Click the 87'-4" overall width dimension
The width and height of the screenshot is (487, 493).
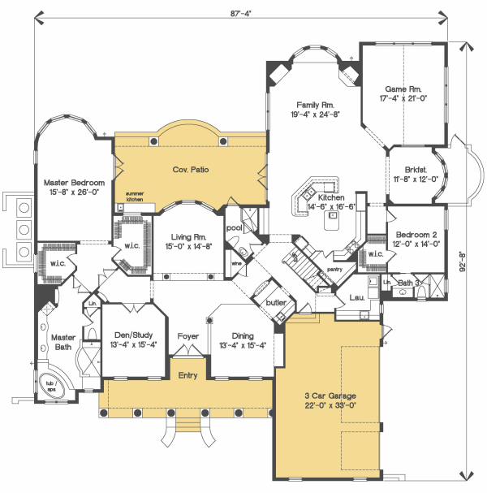point(241,14)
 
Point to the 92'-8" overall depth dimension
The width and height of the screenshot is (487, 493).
point(462,261)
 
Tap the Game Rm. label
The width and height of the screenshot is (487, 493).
point(403,89)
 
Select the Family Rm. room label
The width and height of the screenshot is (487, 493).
point(316,105)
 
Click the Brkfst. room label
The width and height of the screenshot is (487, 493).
point(416,170)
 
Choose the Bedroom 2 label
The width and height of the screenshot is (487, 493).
point(416,235)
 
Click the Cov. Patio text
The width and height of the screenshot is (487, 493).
point(191,170)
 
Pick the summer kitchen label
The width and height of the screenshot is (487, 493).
point(135,197)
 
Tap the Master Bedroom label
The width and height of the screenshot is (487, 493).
point(74,183)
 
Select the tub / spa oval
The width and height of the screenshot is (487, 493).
point(51,387)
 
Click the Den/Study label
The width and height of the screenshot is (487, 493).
point(134,335)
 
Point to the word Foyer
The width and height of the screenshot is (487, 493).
point(187,336)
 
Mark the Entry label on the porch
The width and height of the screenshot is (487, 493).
point(187,375)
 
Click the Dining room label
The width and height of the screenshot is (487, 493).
point(243,335)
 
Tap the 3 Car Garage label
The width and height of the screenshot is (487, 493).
point(330,396)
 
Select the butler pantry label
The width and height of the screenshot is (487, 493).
point(276,302)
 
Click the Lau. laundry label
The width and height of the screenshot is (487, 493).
point(357,297)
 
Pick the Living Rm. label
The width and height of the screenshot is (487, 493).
point(188,237)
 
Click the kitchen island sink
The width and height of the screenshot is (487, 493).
point(333,215)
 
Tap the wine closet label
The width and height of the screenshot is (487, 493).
point(236,263)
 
